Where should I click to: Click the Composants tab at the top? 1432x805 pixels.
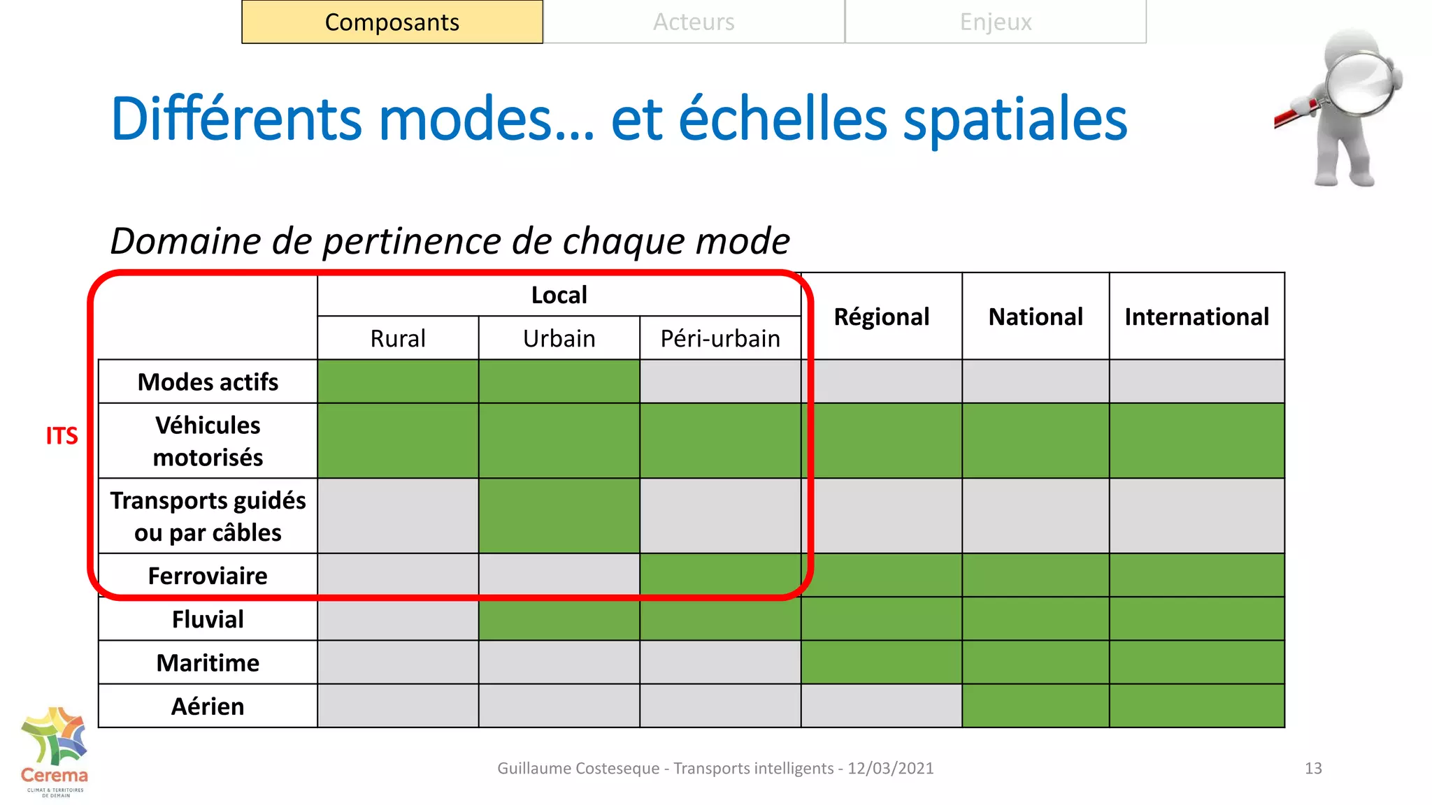pyautogui.click(x=392, y=22)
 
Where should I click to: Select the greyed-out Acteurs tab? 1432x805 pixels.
pyautogui.click(x=694, y=22)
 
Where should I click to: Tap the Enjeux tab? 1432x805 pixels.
pyautogui.click(x=996, y=22)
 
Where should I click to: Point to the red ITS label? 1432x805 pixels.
pyautogui.click(x=62, y=436)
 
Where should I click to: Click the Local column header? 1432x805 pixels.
pyautogui.click(x=559, y=295)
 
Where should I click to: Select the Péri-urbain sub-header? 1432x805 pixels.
pyautogui.click(x=720, y=339)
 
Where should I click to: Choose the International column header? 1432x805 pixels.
pyautogui.click(x=1196, y=317)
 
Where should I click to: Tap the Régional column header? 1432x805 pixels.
pyautogui.click(x=881, y=317)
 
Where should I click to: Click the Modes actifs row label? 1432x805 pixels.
pyautogui.click(x=208, y=382)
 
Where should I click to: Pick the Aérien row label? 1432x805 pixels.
pyautogui.click(x=208, y=706)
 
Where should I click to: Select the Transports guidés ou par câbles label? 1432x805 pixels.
pyautogui.click(x=208, y=516)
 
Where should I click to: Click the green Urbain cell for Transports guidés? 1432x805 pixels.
pyautogui.click(x=559, y=516)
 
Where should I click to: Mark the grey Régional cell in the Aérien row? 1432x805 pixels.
pyautogui.click(x=881, y=706)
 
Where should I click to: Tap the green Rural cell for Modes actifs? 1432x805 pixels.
pyautogui.click(x=398, y=382)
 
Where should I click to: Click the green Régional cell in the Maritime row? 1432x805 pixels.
pyautogui.click(x=881, y=662)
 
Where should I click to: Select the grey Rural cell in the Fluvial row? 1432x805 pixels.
pyautogui.click(x=398, y=619)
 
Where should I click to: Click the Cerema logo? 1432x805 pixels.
pyautogui.click(x=55, y=751)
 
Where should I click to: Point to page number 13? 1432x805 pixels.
pyautogui.click(x=1313, y=769)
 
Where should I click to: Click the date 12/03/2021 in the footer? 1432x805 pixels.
pyautogui.click(x=891, y=769)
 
